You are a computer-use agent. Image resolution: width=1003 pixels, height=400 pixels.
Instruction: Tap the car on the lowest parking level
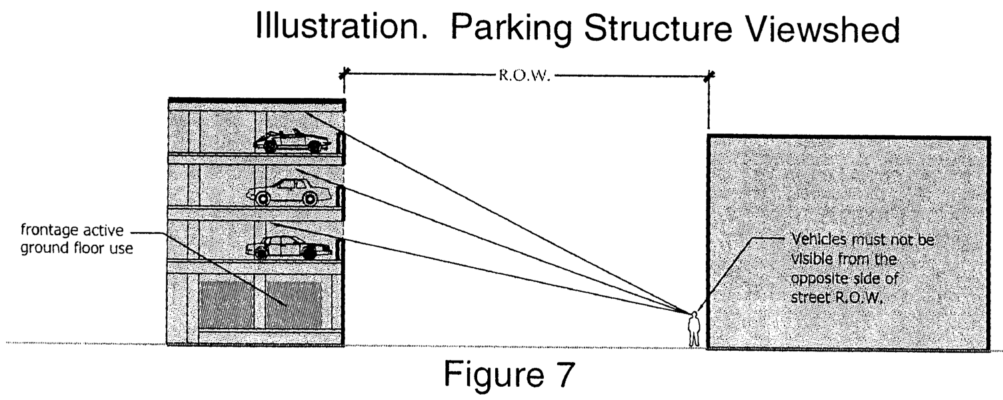click(289, 247)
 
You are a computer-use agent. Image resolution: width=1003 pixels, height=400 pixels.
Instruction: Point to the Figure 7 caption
click(508, 375)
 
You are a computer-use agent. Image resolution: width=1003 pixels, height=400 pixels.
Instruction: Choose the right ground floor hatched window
click(294, 304)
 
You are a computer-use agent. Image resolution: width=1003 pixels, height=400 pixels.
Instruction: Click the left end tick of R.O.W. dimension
click(344, 75)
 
